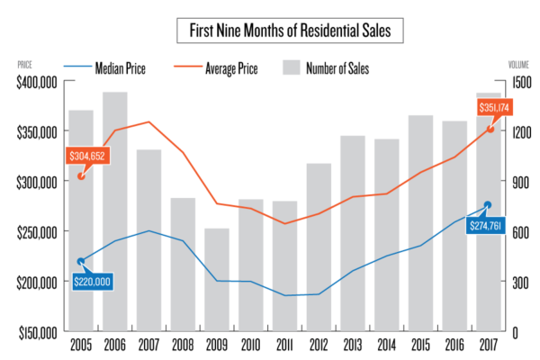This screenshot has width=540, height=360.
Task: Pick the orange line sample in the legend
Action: coord(188,66)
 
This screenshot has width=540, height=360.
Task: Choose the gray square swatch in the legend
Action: coord(291,67)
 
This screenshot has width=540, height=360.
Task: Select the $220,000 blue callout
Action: coord(93,282)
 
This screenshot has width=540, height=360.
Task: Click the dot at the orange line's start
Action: coord(82,175)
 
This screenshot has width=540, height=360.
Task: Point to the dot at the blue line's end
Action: coord(488,205)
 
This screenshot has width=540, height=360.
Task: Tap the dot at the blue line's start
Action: coord(81,262)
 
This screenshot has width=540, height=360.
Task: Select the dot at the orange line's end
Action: coord(491,128)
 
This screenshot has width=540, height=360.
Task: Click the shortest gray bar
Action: coord(217,279)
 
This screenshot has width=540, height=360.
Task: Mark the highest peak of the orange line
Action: coord(149,121)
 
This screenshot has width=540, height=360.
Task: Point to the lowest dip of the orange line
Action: coord(285,223)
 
